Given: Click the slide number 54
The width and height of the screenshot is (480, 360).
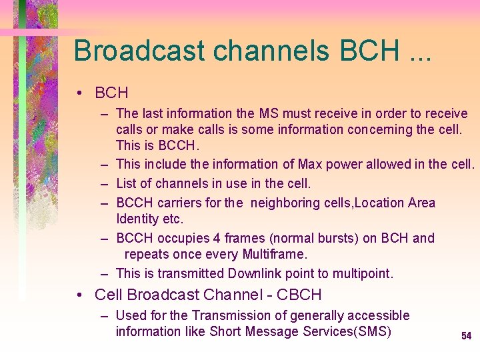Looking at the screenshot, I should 466,336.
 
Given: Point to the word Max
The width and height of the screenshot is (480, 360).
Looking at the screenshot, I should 311,164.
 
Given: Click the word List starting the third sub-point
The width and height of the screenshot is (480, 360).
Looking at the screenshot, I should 127,183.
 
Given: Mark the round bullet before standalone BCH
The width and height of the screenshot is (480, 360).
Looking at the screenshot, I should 81,93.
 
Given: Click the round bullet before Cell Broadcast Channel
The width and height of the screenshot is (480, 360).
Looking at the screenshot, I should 81,295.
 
